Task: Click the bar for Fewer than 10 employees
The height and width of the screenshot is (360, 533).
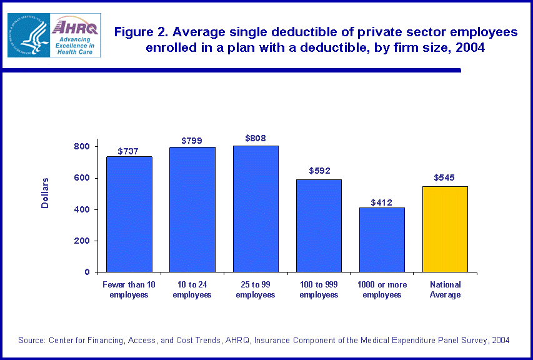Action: pos(129,214)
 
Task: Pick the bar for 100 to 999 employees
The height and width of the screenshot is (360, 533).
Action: pos(319,226)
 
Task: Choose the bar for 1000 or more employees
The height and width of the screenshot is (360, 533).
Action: pos(382,240)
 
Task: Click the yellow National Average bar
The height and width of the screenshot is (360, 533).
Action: pos(445,229)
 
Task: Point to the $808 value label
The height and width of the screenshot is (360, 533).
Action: pos(256,137)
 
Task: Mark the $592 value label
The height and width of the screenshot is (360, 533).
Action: pos(319,171)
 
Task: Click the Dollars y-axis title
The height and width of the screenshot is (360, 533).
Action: pos(45,192)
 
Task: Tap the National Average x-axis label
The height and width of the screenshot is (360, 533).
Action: pos(446,289)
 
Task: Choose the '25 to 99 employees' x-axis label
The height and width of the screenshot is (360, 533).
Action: pos(256,289)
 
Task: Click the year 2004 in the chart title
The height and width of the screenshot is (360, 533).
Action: pos(469,48)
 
